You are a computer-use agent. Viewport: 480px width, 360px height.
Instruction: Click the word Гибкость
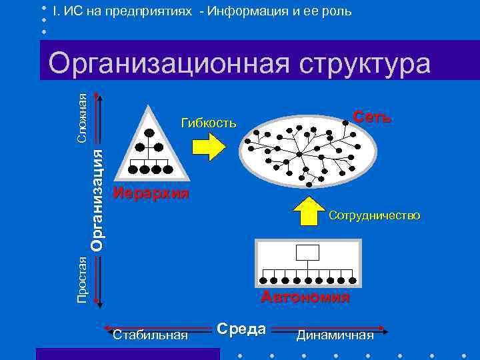[209, 123]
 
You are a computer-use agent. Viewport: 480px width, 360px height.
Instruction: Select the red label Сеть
[372, 118]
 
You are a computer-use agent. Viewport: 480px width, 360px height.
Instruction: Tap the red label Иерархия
[151, 194]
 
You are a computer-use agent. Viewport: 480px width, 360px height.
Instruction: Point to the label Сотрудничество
[374, 215]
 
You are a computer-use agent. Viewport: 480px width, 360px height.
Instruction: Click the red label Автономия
[305, 297]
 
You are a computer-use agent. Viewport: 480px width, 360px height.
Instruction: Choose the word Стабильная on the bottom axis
[151, 335]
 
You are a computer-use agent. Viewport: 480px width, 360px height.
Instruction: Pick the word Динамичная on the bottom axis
[335, 335]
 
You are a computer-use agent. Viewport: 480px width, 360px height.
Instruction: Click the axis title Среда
[241, 329]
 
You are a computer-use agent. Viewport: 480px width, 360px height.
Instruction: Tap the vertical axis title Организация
[97, 199]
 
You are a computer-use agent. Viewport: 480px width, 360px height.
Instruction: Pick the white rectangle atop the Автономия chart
[307, 253]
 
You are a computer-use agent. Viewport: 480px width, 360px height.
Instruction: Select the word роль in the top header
[337, 12]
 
